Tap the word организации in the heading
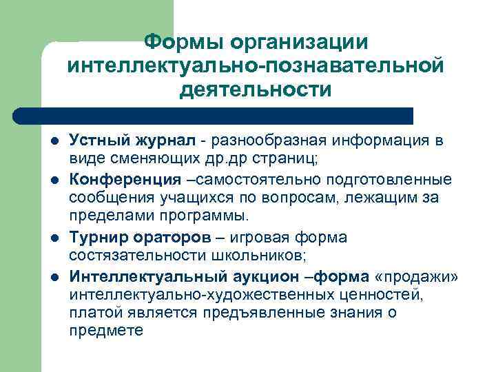click(300, 43)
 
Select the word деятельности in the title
click(256, 90)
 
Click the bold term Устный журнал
click(133, 141)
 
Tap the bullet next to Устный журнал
click(54, 143)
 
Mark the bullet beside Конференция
click(54, 180)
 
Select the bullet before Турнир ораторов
click(54, 238)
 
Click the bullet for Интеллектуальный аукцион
click(54, 277)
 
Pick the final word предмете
click(105, 330)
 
